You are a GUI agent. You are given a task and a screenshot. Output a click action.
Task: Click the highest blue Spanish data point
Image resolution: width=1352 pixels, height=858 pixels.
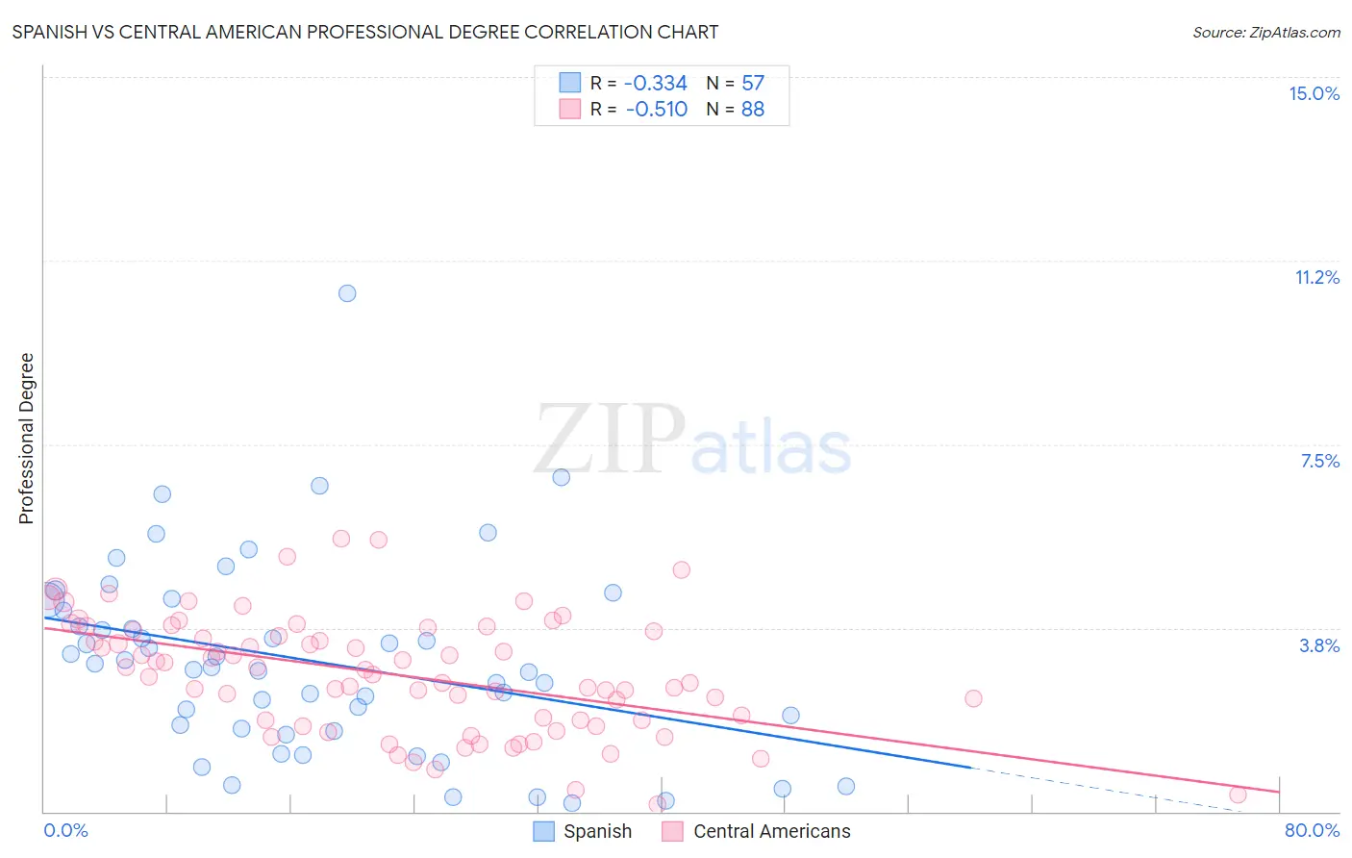click(347, 293)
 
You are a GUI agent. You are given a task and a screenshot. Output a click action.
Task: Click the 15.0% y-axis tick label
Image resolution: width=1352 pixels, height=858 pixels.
click(1314, 93)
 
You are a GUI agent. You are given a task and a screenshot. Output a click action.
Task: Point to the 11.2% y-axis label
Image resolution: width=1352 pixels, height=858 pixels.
click(1316, 277)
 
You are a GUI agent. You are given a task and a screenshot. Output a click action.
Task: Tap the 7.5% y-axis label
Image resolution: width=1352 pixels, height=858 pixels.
click(1319, 461)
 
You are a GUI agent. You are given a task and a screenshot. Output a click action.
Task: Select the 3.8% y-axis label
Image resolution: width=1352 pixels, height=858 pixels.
click(1319, 645)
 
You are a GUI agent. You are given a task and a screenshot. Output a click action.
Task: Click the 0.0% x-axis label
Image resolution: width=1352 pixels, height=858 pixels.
click(65, 830)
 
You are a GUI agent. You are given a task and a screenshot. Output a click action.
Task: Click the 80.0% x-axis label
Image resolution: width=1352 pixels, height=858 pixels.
click(1312, 830)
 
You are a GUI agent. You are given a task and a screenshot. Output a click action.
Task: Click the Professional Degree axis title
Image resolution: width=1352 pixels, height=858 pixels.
click(26, 439)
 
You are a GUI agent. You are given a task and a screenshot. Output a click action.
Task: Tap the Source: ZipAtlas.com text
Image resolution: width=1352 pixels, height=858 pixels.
click(1265, 32)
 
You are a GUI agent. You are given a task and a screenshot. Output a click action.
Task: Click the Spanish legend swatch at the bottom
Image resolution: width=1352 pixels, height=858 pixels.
click(544, 831)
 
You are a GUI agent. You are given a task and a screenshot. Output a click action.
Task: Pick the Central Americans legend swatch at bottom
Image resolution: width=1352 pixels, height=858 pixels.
click(673, 831)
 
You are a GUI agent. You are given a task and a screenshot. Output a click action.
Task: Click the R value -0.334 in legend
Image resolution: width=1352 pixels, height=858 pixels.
click(656, 83)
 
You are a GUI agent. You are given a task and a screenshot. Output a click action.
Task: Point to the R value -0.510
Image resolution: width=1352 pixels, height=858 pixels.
click(656, 109)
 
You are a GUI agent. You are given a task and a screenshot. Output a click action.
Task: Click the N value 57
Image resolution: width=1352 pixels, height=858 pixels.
click(753, 83)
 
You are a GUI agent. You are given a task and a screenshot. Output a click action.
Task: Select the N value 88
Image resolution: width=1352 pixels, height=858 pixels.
click(753, 109)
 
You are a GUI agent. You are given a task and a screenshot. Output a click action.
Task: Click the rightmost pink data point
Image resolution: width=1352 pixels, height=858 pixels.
click(1238, 795)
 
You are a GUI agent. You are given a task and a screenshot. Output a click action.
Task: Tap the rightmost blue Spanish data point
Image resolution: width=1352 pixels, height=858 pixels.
click(846, 786)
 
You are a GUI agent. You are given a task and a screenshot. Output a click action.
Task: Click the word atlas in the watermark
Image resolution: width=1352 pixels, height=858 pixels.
click(771, 448)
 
